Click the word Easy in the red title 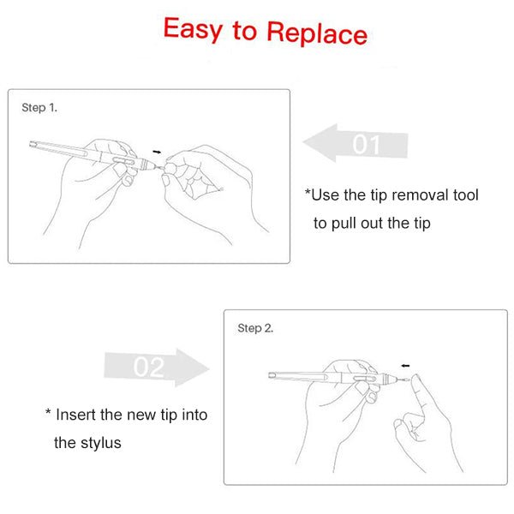(193, 29)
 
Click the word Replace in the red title (317, 33)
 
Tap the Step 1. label (39, 108)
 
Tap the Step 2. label (255, 328)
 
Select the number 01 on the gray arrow (366, 144)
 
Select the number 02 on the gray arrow (148, 367)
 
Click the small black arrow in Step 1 (157, 152)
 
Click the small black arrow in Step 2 (405, 366)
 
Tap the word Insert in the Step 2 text (76, 415)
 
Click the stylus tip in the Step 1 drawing (160, 168)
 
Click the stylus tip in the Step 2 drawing (406, 380)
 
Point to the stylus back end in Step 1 (33, 144)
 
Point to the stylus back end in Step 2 (272, 375)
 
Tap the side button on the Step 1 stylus (123, 161)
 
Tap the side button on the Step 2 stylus (365, 379)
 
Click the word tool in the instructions (466, 195)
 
